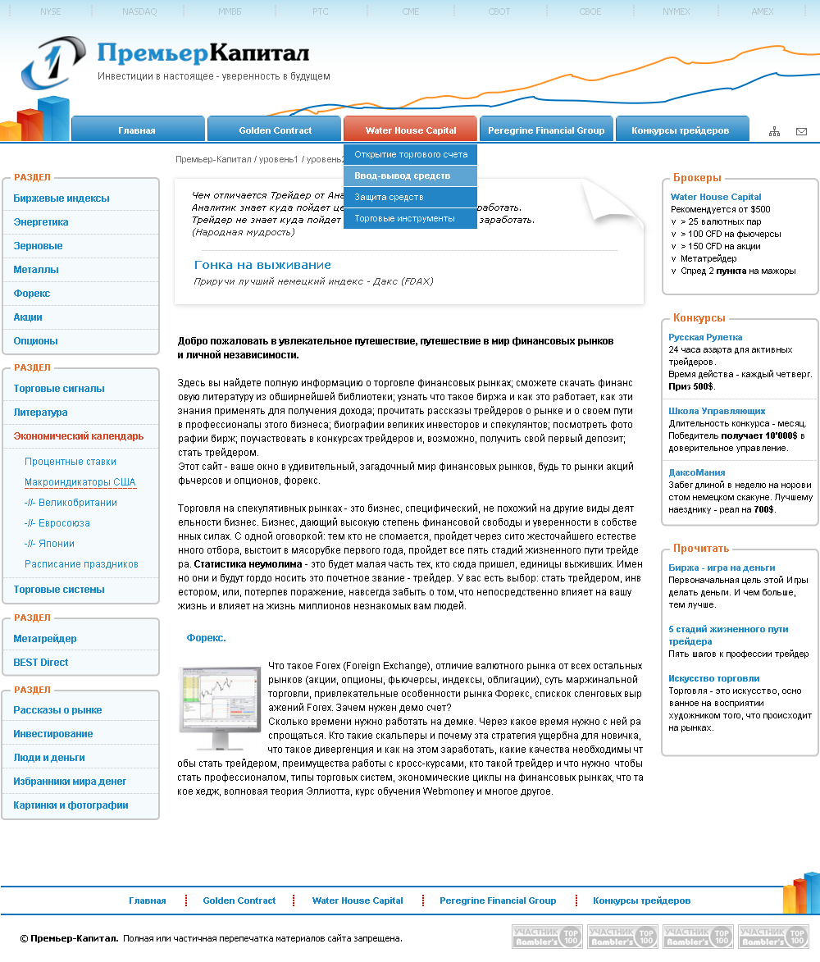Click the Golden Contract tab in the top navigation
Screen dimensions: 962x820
275,130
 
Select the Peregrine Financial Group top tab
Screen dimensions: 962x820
545,130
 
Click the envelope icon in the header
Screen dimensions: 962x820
801,131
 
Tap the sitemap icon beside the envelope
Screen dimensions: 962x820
774,131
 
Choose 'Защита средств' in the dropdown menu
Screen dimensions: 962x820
389,197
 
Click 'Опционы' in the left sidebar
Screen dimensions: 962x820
35,340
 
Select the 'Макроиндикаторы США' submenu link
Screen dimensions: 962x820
80,482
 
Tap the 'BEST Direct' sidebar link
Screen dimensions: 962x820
41,662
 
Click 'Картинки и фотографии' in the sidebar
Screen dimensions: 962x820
71,805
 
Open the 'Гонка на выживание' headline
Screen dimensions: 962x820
262,265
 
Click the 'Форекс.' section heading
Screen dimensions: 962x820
206,637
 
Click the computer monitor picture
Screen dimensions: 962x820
219,707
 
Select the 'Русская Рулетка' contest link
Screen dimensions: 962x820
705,337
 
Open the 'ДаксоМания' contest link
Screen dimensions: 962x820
696,472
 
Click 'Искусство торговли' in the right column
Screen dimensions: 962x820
713,678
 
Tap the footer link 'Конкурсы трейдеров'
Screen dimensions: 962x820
641,900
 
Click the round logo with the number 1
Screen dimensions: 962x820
52,62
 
